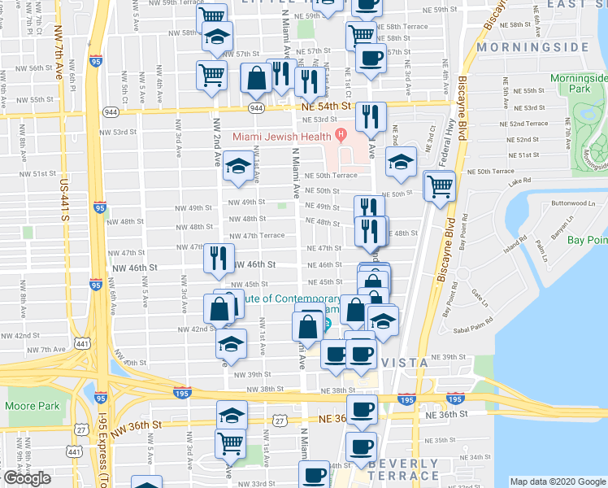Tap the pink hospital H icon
click(x=341, y=134)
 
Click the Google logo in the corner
click(x=27, y=478)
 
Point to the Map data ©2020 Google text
click(x=557, y=481)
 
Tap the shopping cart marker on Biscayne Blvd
click(x=440, y=185)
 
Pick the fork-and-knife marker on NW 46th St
click(x=218, y=259)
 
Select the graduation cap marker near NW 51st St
click(x=237, y=168)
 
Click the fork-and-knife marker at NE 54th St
click(x=371, y=117)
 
